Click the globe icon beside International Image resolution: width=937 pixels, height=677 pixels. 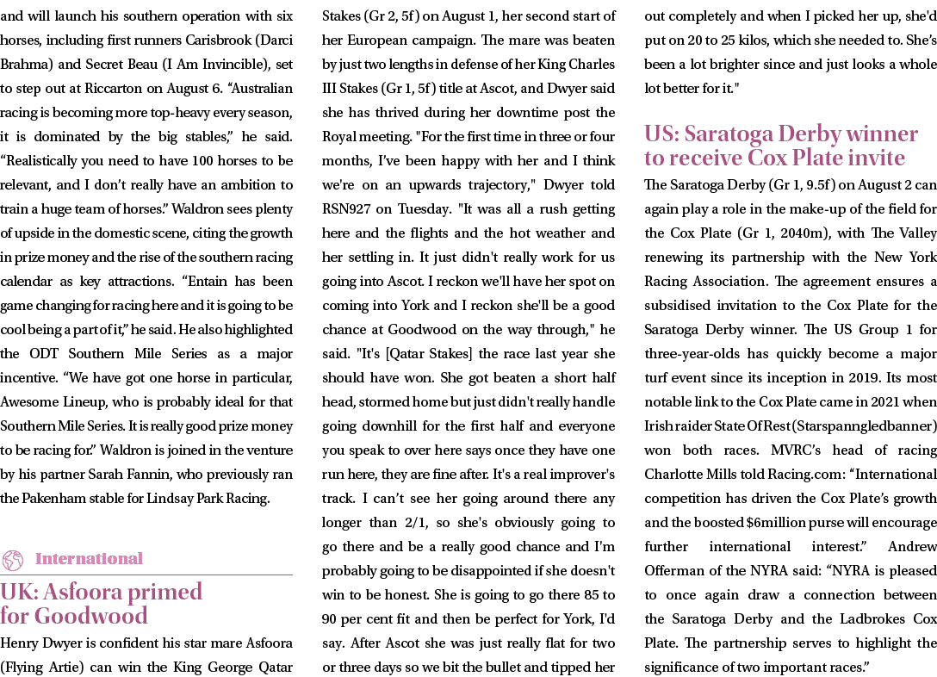click(13, 560)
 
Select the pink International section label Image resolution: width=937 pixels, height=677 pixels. click(89, 559)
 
